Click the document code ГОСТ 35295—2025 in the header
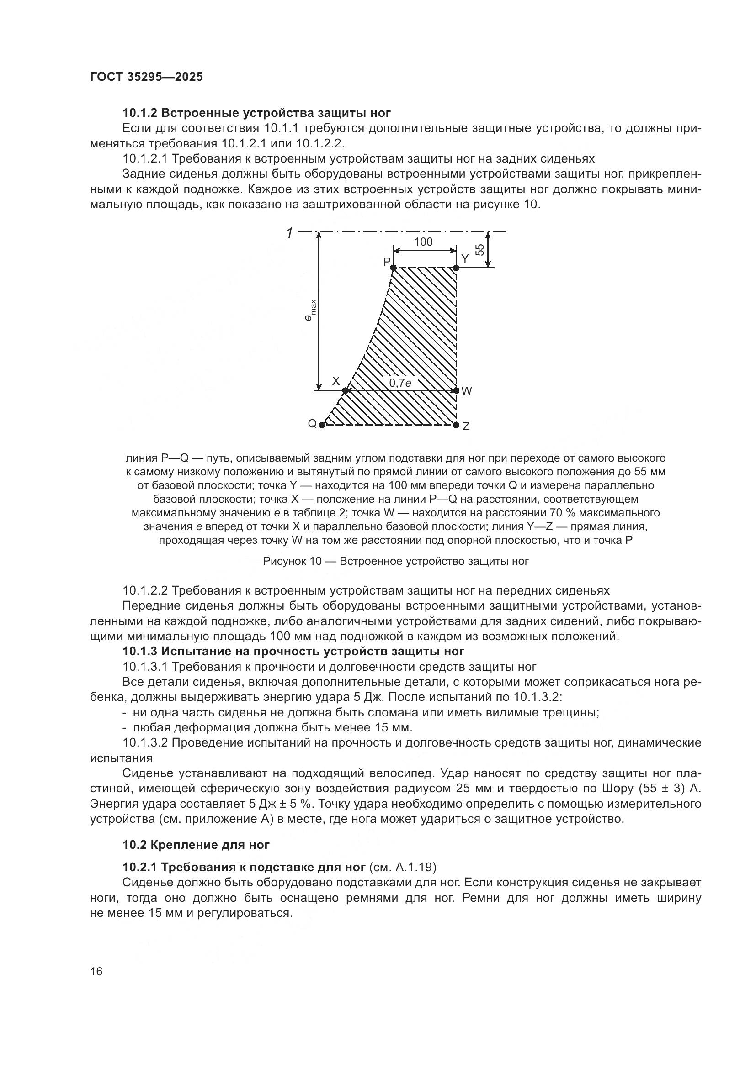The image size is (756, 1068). pos(146,77)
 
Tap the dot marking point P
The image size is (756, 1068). pos(394,268)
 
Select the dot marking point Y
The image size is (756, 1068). pos(456,268)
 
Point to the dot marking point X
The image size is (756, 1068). pos(346,390)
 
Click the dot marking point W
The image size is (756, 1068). pos(456,390)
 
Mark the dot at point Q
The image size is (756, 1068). pos(322,425)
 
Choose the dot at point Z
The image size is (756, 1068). pos(456,424)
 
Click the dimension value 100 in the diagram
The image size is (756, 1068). pos(423,242)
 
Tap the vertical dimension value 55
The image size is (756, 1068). pos(479,250)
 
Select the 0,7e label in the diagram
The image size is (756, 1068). pos(400,383)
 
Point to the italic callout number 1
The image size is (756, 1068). pos(289,233)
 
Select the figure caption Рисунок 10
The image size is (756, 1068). pos(396,561)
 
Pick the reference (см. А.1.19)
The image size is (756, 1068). pos(402,868)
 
